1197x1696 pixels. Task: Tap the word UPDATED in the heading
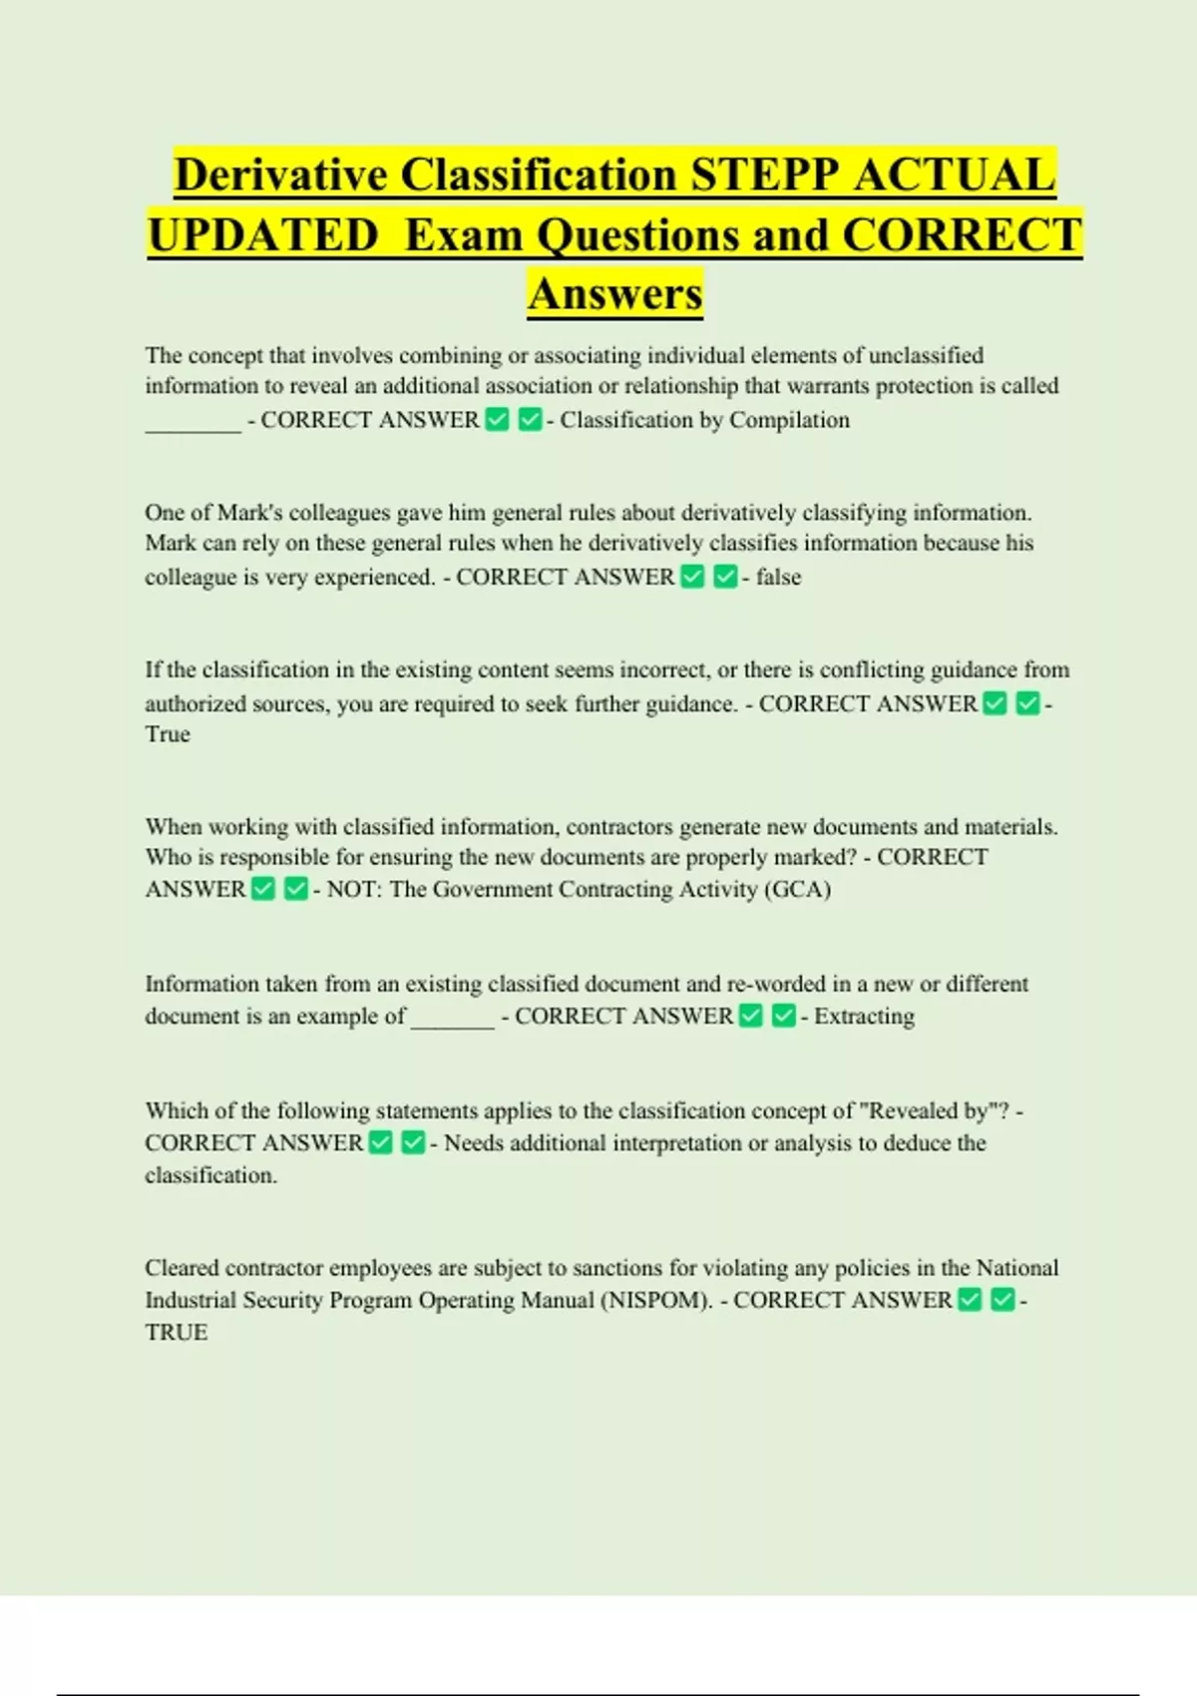(x=263, y=235)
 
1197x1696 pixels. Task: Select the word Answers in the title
(x=615, y=293)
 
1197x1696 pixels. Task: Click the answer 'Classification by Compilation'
(x=704, y=420)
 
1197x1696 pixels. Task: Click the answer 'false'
(x=778, y=577)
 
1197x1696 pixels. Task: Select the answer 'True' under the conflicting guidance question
(x=168, y=734)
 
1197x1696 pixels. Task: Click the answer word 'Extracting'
(x=864, y=1016)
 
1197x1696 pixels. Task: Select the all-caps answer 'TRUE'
(x=177, y=1333)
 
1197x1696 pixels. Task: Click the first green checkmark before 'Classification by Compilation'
(x=497, y=420)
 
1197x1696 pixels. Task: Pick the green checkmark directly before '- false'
(x=725, y=577)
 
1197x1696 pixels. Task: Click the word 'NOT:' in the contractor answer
(x=352, y=889)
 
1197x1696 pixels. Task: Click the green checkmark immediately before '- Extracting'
(x=784, y=1016)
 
